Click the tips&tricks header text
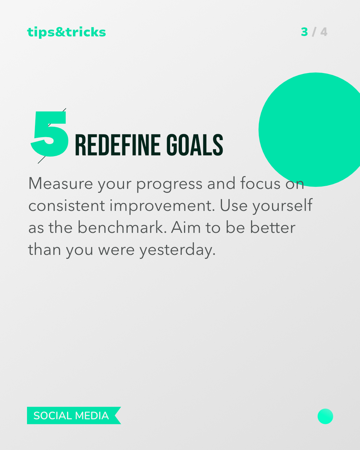point(66,32)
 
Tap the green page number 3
point(304,32)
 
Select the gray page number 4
point(324,32)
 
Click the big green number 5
point(50,134)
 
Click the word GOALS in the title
point(195,145)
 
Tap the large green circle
point(311,130)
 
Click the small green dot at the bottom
point(325,416)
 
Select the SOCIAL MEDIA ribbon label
point(71,416)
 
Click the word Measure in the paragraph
point(61,183)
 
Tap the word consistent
point(67,205)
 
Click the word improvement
point(162,206)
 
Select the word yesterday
point(178,250)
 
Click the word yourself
point(282,206)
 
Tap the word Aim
point(186,227)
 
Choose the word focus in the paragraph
point(260,183)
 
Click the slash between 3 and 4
point(314,32)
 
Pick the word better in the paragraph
point(273,227)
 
